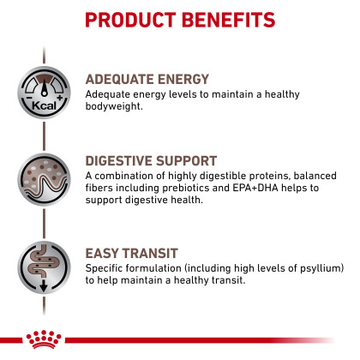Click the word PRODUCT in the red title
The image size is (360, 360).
coord(130,20)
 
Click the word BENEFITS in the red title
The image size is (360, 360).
coord(228,20)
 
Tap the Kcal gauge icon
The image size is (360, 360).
coord(44,93)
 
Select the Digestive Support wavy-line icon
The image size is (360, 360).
coord(44,179)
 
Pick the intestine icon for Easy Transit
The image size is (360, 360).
coord(44,267)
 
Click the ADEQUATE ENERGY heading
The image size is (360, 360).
coord(147,79)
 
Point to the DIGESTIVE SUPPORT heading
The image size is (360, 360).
coord(151,161)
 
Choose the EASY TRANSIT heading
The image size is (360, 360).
coord(132,254)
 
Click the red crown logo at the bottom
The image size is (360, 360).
coord(44,339)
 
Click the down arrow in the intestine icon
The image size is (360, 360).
coord(44,285)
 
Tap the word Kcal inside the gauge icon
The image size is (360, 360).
coord(44,105)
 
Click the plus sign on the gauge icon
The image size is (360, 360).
coord(60,98)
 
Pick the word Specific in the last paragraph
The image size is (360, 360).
coord(104,268)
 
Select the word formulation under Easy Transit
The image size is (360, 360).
coord(153,268)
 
